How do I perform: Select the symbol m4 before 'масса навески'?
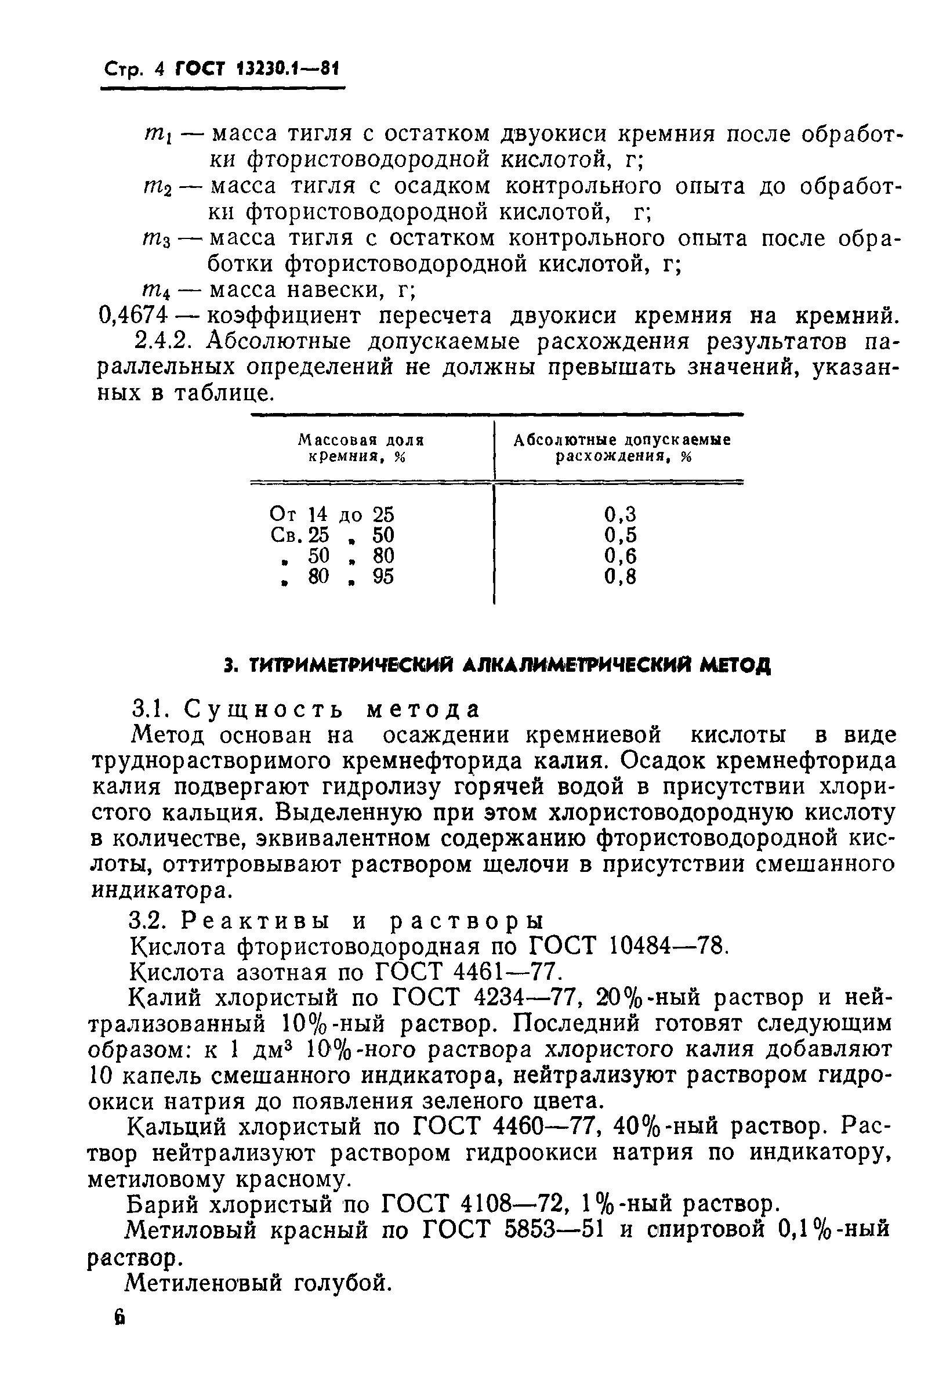[x=157, y=291]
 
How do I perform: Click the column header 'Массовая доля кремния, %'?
[x=360, y=448]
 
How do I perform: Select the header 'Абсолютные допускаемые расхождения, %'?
[x=622, y=448]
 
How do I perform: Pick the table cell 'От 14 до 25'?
[x=331, y=514]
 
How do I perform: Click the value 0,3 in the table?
[x=619, y=514]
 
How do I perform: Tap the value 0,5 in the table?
[x=619, y=535]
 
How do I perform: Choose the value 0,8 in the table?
[x=619, y=577]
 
